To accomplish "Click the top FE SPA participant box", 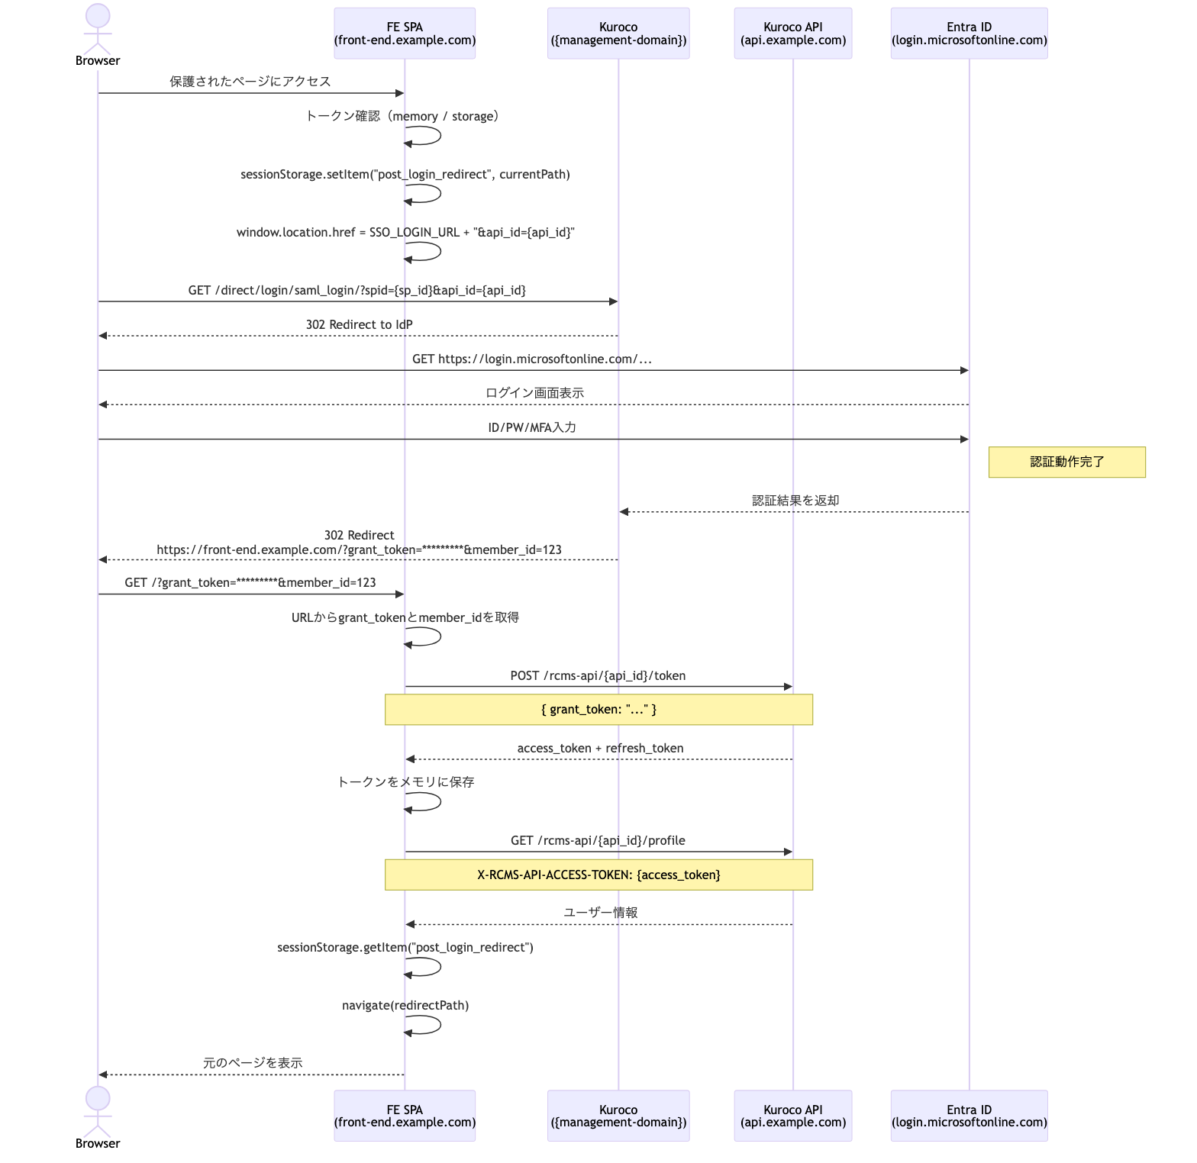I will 405,34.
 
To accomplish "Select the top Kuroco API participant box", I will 792,34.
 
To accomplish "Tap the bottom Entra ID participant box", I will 969,1116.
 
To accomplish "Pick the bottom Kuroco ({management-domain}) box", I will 618,1116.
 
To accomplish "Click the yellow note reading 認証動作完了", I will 1066,462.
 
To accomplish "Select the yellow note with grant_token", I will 598,710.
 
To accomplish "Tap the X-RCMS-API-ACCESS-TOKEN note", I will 598,875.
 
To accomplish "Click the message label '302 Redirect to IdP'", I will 359,325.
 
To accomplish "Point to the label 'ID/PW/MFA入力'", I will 532,428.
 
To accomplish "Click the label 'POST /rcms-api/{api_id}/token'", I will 598,676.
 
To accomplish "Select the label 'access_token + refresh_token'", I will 600,749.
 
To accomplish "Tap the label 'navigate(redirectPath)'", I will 405,1006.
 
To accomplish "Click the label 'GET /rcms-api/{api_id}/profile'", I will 598,841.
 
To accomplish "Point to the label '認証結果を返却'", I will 795,501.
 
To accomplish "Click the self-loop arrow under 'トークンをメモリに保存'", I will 424,801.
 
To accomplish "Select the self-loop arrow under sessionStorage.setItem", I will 424,193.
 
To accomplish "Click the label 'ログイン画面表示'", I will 534,393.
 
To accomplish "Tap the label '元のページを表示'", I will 253,1063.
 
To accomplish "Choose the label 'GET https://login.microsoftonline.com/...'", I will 532,359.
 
